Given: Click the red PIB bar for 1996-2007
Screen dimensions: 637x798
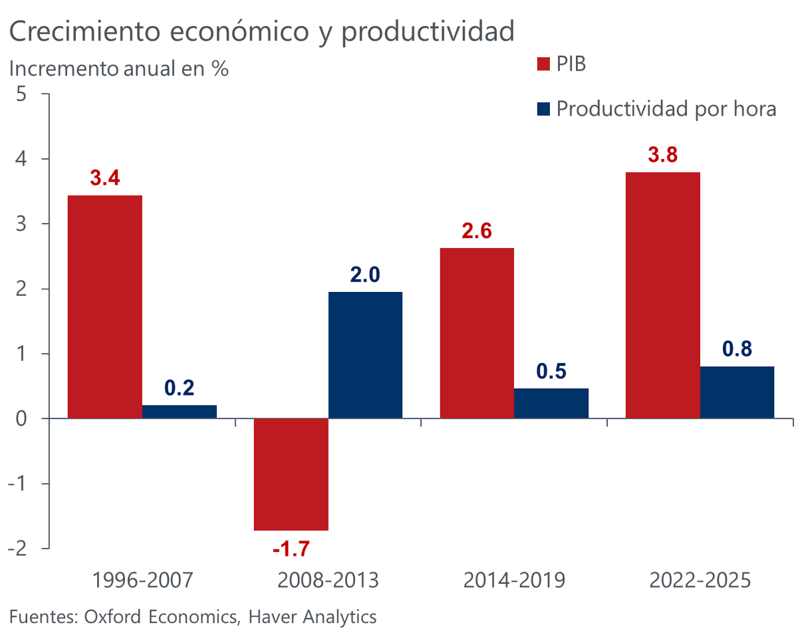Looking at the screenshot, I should pos(105,307).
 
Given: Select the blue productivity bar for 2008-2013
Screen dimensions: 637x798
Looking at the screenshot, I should pos(365,355).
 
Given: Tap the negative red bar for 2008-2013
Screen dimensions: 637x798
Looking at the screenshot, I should pos(291,474).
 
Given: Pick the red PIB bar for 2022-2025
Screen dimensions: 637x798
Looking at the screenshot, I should pos(663,295).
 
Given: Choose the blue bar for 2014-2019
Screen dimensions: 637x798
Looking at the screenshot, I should pos(551,403).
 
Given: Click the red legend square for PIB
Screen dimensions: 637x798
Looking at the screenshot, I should pos(543,64).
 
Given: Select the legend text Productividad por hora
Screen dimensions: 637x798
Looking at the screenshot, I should pos(666,108).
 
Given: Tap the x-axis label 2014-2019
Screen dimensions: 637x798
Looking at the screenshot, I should pos(514,580).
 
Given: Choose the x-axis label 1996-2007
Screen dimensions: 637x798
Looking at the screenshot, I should pos(142,580).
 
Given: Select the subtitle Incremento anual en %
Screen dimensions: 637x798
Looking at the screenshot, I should pos(118,68).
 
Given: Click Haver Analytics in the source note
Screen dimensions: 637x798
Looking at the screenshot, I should pos(313,616).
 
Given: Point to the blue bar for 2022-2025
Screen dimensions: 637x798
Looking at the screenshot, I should pos(737,392).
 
